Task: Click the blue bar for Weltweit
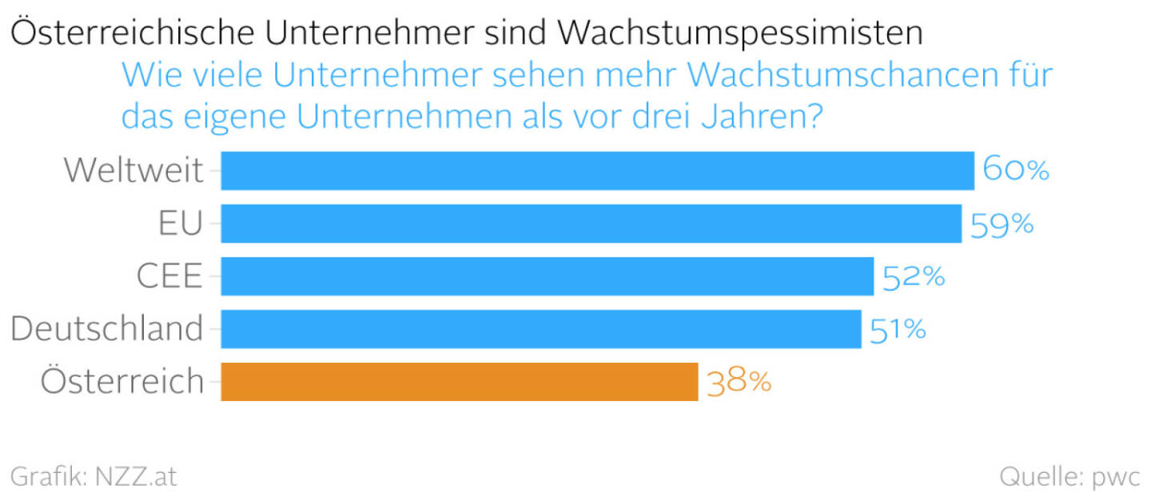coord(597,170)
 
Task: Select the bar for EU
coord(591,223)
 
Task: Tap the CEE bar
coord(547,276)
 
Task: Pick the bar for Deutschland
coord(540,328)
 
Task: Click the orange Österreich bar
coord(459,381)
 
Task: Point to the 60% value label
coord(1015,170)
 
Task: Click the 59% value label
coord(1002,224)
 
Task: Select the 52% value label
coord(914,276)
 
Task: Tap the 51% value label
coord(898,329)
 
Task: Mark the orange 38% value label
coord(739,382)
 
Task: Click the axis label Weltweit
coord(133,170)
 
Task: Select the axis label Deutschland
coord(107,328)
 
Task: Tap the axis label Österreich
coord(122,381)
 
